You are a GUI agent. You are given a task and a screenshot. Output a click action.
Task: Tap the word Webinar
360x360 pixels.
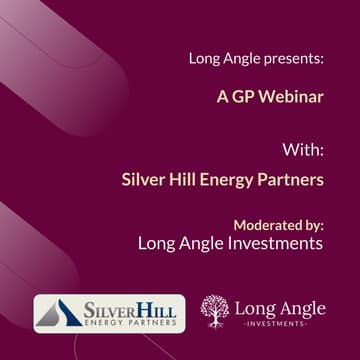tap(291, 98)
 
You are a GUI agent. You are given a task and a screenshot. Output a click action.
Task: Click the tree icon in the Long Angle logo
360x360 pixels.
tap(214, 311)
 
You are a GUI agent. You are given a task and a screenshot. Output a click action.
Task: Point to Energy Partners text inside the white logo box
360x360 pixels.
tap(129, 322)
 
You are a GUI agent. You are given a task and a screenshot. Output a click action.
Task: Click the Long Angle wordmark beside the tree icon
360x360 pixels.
tap(279, 306)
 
